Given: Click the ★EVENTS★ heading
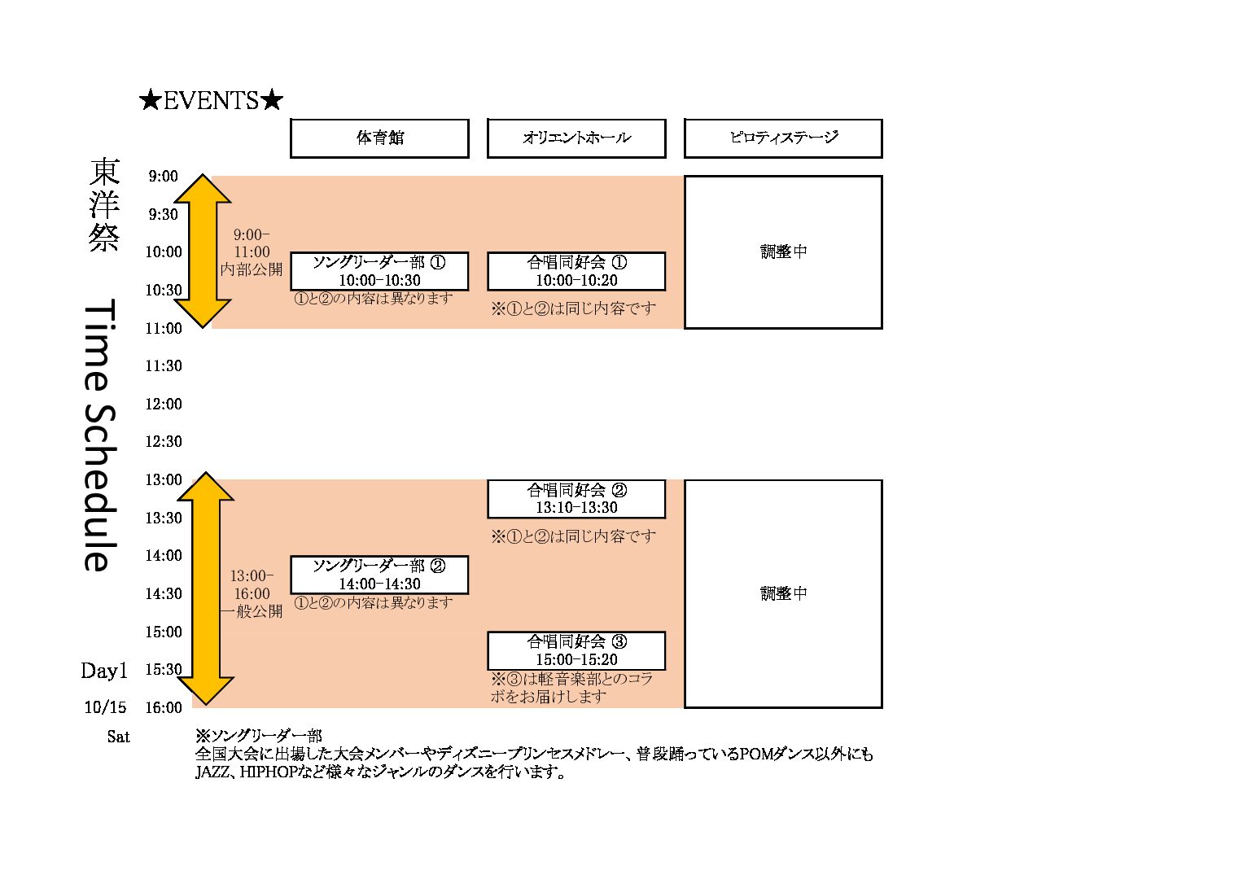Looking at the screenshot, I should click(x=211, y=100).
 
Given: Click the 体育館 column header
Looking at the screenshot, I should click(x=379, y=138).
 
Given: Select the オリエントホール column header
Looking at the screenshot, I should click(x=576, y=138).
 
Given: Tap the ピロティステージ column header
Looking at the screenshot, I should click(x=783, y=138).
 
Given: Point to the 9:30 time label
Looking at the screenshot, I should click(x=163, y=214).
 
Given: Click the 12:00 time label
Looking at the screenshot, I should click(x=164, y=404).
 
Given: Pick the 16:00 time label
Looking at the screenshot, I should click(x=164, y=707).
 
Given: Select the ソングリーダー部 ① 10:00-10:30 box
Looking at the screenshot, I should click(x=379, y=271).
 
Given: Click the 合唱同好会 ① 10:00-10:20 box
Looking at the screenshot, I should click(x=576, y=271).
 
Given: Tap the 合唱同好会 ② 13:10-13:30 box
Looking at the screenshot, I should click(x=576, y=498).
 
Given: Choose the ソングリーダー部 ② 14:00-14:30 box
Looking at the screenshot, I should click(x=379, y=575).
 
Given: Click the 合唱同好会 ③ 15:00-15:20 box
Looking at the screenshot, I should click(x=576, y=650).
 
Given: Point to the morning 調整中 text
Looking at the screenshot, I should click(x=783, y=252).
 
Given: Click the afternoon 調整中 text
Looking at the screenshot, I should click(x=783, y=593).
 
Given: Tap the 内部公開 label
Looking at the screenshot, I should click(x=252, y=269).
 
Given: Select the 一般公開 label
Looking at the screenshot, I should click(x=252, y=611).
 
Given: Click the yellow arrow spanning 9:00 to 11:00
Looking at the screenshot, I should click(x=203, y=252).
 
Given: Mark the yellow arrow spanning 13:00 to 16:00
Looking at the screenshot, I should click(x=205, y=588).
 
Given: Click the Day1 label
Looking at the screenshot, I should click(x=104, y=671).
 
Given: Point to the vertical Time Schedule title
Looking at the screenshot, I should click(x=101, y=435).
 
